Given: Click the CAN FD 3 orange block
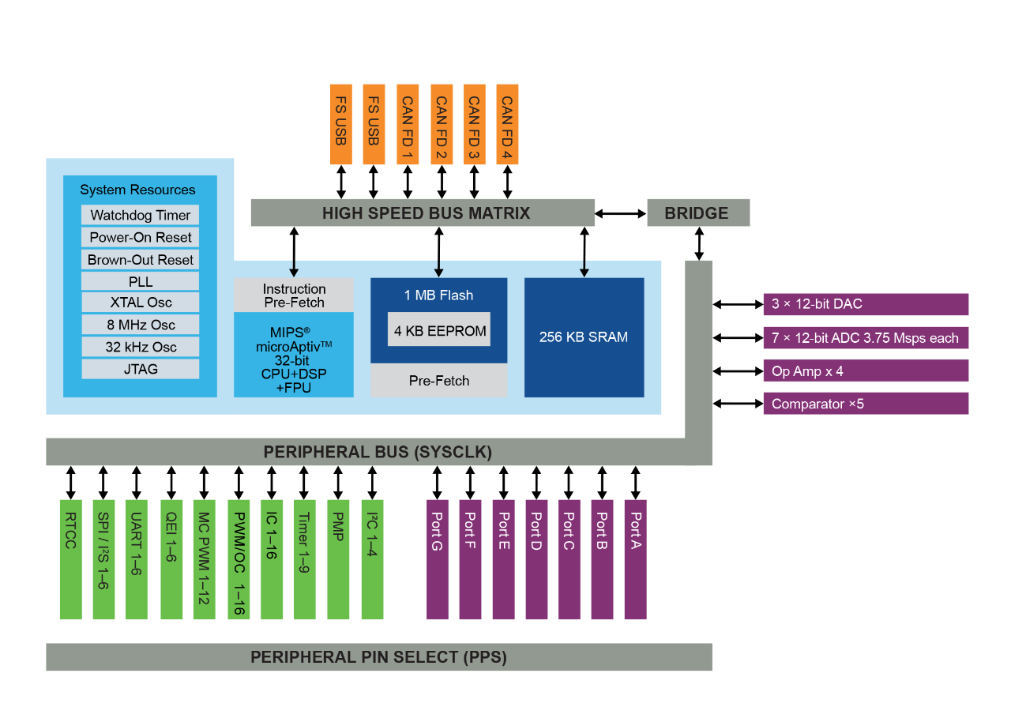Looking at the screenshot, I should pos(475,124).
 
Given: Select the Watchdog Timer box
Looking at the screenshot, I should pos(140,215).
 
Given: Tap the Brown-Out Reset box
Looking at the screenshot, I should pos(140,260).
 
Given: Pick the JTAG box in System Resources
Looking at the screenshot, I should pos(140,369).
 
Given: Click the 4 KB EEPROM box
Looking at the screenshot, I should pos(439,329).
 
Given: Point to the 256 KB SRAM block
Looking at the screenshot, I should pos(584,337).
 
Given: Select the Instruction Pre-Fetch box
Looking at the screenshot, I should pos(294,295).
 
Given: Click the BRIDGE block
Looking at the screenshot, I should pos(697,212).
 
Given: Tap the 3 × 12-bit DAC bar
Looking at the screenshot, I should pos(866,304).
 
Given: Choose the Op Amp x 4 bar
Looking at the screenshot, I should pos(866,371).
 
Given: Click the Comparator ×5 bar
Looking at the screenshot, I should pos(866,404).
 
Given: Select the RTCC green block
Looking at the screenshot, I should pos(71,559).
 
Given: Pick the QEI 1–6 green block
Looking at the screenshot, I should pos(171,559).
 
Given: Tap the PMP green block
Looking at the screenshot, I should pos(338,559).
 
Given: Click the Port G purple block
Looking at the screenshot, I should pos(438,559).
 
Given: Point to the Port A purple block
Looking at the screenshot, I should pos(635,559).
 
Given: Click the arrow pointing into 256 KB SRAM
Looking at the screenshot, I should pos(584,269).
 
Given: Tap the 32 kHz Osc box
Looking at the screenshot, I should pos(140,347).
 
